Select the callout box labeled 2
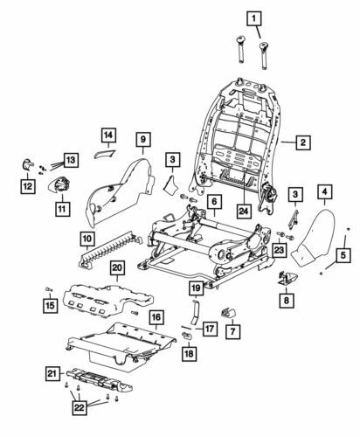(302, 142)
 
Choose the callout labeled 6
(211, 203)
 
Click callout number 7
(232, 332)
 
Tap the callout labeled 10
(88, 237)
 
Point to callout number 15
(50, 304)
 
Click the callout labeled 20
(118, 268)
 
